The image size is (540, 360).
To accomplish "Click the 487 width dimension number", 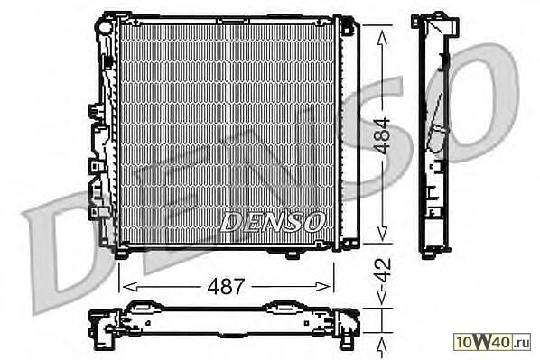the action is tap(226, 286).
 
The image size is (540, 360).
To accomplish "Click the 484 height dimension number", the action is tap(383, 135).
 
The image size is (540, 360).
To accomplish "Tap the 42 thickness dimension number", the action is tap(383, 270).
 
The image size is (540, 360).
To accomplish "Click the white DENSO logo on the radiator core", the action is tap(272, 221).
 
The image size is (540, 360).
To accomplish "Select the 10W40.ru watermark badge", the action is tap(492, 341).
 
